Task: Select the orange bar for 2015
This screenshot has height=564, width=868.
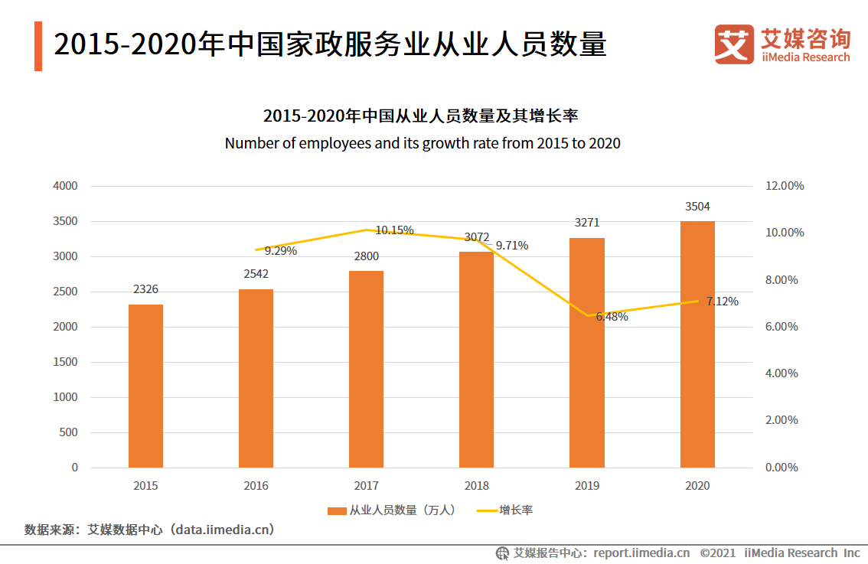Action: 145,386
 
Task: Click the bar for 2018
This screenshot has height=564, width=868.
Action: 476,359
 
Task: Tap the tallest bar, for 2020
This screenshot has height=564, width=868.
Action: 697,344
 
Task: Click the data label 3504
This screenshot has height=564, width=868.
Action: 697,207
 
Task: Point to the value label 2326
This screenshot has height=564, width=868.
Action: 145,289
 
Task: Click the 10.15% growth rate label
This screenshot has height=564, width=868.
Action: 394,230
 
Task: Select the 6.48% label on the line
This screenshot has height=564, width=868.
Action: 612,317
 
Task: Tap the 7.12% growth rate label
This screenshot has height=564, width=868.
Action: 722,302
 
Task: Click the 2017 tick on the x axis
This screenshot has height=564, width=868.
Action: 366,486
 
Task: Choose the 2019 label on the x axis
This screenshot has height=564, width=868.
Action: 587,486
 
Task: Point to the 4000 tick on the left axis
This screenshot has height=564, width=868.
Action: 65,186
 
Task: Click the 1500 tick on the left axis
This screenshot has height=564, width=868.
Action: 65,362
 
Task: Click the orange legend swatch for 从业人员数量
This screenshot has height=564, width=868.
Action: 336,510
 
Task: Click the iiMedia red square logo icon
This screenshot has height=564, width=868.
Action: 735,44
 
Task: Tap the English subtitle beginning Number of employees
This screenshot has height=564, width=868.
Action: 423,143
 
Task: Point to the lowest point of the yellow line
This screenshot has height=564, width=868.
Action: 587,315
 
